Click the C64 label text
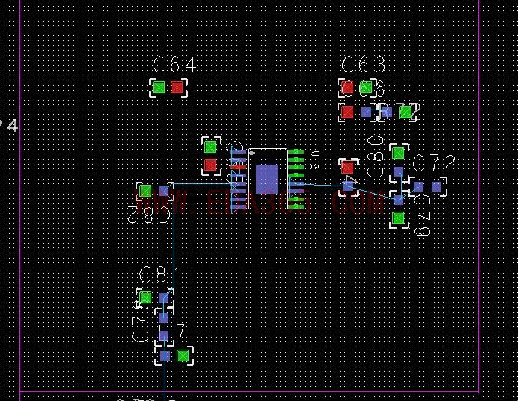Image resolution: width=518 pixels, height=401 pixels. coord(174,66)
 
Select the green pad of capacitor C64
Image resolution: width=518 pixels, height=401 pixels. coord(159,88)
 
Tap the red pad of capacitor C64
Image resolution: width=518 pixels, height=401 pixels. coord(177,88)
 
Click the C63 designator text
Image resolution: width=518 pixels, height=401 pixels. coord(364,66)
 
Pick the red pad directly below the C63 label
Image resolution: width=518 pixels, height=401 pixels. coord(347,88)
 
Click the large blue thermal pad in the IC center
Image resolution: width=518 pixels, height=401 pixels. coord(267,179)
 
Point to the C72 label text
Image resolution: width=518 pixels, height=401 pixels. coord(434,163)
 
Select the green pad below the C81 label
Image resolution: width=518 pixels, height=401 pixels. coord(145,298)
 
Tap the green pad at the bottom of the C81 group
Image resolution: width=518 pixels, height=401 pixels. coord(183,356)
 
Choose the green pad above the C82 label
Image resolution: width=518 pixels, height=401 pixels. coord(145,192)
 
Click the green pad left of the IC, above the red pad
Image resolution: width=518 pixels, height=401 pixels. coord(211,147)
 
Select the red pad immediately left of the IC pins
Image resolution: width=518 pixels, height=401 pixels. coord(211,165)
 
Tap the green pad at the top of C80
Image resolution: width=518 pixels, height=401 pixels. coord(399,154)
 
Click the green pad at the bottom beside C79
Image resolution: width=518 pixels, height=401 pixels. coord(399,218)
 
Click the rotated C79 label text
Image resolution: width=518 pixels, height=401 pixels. coord(423,214)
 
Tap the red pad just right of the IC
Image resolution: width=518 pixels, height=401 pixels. coord(347,168)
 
